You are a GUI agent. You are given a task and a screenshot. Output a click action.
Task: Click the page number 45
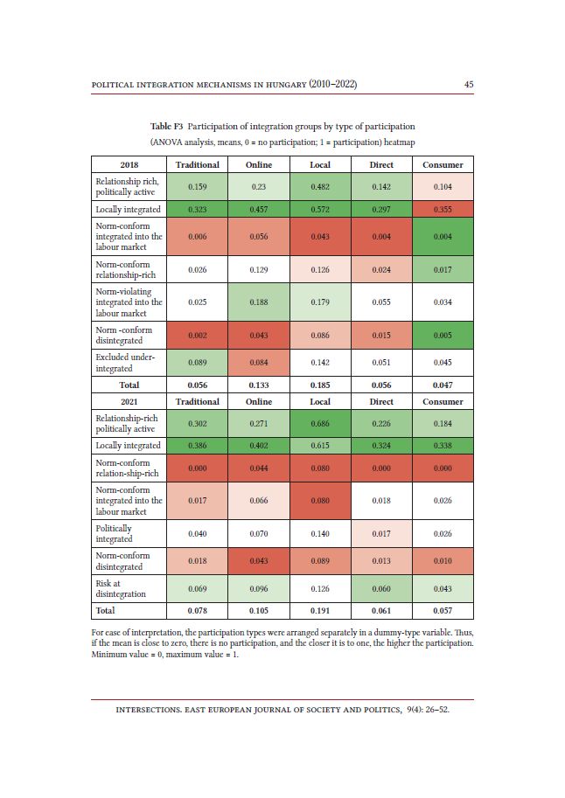point(469,85)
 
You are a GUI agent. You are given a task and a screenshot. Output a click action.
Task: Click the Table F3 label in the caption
point(166,126)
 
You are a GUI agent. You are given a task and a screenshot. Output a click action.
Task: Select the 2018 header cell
point(129,164)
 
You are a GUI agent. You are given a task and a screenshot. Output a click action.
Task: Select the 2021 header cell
point(129,401)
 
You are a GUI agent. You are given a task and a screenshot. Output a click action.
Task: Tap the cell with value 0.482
point(320,187)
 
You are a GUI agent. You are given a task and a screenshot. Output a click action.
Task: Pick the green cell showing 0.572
point(320,209)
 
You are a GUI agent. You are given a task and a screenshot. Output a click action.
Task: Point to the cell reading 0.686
point(320,423)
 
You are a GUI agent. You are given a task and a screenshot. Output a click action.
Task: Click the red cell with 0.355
point(443,209)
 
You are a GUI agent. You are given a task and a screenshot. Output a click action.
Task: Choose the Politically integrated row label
point(114,533)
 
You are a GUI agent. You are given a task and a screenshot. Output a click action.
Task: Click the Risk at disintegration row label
point(121,588)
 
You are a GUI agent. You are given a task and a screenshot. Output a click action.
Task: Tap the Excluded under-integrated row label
point(125,363)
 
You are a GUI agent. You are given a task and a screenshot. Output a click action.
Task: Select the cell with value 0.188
point(259,302)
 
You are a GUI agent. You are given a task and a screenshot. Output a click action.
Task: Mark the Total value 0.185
point(320,385)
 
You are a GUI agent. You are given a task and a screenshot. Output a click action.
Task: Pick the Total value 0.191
point(320,611)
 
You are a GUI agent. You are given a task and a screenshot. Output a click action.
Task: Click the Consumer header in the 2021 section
point(443,401)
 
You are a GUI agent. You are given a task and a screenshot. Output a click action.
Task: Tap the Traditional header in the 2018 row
point(197,164)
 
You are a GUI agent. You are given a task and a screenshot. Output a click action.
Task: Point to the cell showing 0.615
point(320,445)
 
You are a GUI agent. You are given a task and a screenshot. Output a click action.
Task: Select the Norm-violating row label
point(129,302)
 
